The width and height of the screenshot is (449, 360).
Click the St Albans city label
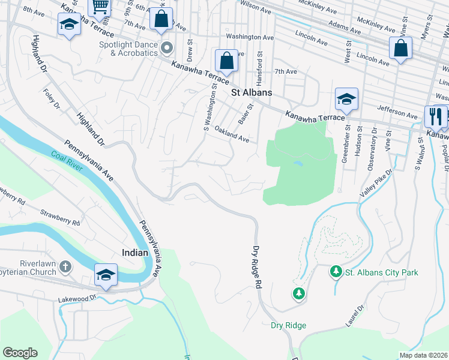252,92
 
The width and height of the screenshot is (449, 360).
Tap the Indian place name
136,253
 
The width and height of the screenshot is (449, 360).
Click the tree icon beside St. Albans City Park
336,272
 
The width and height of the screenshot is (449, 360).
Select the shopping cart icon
100,7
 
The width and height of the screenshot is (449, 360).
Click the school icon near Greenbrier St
346,98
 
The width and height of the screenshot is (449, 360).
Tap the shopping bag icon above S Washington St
226,60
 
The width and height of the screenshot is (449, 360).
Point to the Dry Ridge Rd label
258,266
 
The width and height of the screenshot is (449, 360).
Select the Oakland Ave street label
232,134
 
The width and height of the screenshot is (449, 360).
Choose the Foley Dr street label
52,99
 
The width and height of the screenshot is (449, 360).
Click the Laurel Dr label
360,317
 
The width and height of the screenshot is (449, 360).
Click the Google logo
20,353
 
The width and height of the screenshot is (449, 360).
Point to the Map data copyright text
423,355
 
